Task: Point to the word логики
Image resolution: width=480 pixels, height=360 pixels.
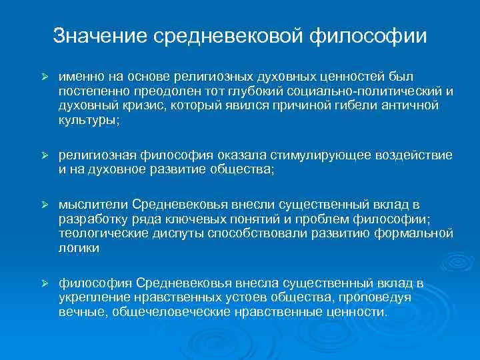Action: click(x=78, y=248)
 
